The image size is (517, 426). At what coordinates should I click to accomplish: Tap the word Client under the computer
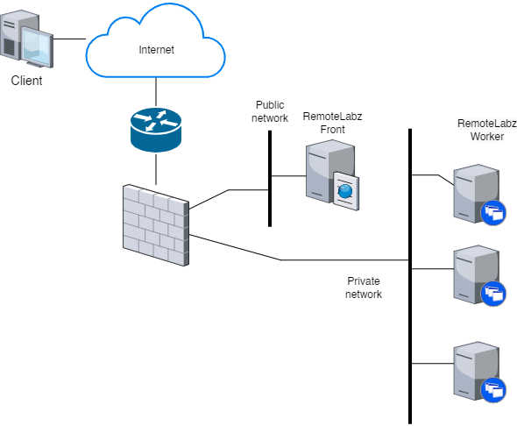[26, 81]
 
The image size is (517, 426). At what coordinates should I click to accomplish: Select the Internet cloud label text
[157, 49]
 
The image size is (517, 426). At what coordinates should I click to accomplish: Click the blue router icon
[155, 128]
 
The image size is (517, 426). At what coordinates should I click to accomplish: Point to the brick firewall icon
[156, 225]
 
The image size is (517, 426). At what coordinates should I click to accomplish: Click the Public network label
[270, 111]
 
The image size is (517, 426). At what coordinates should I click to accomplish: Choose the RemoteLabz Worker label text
[480, 130]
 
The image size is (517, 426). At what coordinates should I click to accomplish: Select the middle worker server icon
[473, 274]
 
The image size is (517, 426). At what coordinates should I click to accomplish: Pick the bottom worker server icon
[473, 371]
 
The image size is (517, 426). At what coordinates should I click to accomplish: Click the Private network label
[364, 288]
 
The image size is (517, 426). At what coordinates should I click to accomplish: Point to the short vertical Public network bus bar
[270, 175]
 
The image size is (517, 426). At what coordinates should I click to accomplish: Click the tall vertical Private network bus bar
[410, 351]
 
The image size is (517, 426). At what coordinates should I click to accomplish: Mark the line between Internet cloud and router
[155, 90]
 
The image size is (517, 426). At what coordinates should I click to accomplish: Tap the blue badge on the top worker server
[493, 212]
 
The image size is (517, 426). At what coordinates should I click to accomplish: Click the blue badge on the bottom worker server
[493, 391]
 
